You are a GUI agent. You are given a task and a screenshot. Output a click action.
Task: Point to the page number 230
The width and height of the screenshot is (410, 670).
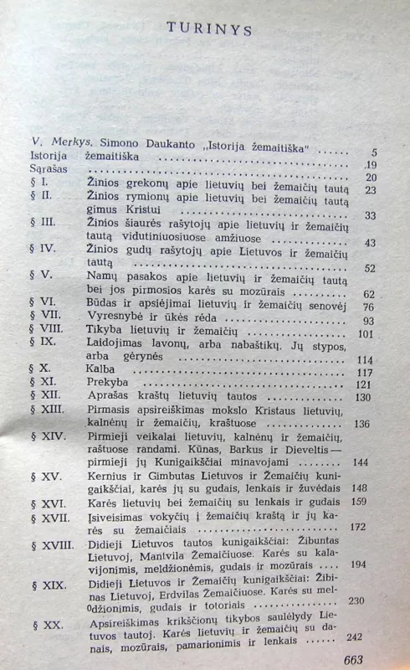[x=357, y=600]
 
